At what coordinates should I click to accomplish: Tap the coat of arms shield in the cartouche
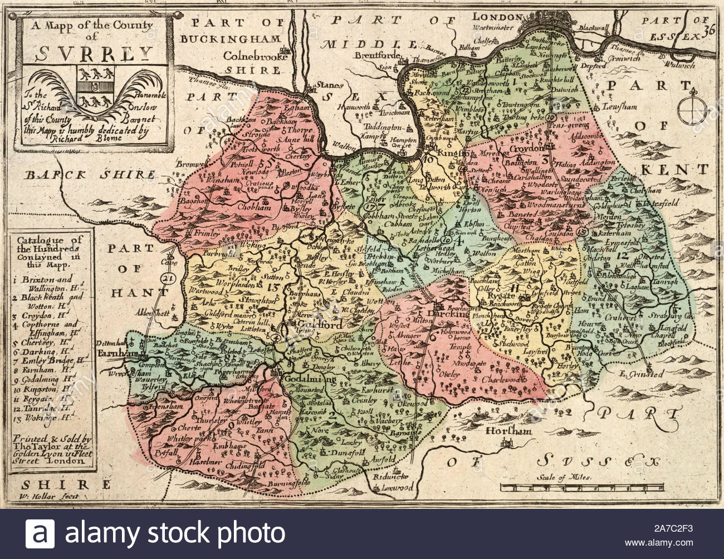point(94,89)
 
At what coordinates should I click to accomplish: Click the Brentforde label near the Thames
point(380,56)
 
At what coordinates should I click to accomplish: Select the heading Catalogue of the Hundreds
point(50,245)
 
